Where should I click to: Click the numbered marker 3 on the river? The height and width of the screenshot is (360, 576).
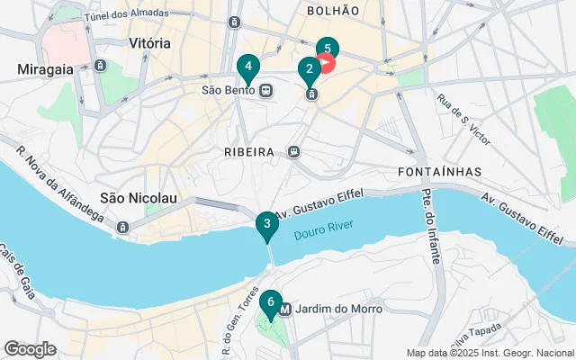(x=266, y=225)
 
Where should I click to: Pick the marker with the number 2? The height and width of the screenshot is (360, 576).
(x=309, y=68)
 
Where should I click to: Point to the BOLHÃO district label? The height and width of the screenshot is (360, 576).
(x=332, y=11)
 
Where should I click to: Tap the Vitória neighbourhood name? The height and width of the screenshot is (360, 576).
(x=149, y=43)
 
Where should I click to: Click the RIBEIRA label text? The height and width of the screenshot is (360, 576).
(x=248, y=152)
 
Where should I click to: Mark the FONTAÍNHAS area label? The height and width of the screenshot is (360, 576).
(x=438, y=171)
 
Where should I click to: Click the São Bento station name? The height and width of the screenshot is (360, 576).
(x=229, y=90)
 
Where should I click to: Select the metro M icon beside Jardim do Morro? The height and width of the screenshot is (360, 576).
(x=285, y=310)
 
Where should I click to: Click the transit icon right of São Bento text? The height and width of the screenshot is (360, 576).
(x=266, y=90)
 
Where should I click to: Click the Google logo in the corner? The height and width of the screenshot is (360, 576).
(x=30, y=348)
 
